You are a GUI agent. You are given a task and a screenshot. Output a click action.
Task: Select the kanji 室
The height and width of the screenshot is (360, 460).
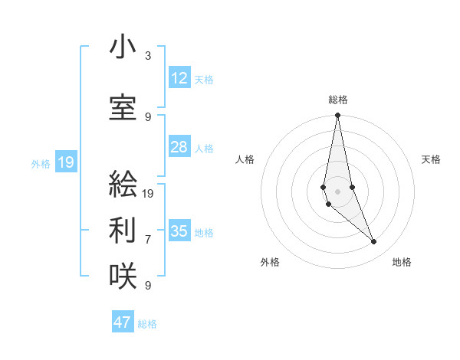123,108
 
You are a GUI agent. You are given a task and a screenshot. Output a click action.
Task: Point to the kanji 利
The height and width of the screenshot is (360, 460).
123,230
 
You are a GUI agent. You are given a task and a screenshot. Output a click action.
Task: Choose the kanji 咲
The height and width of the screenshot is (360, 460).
123,277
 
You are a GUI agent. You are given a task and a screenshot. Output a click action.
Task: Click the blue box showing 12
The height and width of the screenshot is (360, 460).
179,78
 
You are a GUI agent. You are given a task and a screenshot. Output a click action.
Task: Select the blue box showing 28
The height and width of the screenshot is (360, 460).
179,147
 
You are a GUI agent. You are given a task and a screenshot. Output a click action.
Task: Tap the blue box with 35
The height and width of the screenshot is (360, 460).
179,231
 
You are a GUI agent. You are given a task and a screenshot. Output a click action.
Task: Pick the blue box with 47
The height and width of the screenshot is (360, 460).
123,322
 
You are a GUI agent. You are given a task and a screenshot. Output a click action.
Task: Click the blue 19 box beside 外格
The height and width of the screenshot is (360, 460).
66,162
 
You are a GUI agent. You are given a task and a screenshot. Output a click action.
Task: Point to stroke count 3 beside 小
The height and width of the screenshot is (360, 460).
148,56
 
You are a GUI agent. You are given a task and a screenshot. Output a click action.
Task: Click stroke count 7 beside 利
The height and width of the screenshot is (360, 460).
148,239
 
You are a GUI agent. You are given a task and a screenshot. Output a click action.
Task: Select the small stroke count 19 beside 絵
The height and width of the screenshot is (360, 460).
149,193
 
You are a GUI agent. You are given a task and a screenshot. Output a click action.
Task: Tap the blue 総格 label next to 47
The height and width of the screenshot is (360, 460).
147,324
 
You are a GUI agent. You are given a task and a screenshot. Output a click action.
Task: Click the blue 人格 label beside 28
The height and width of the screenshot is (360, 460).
204,148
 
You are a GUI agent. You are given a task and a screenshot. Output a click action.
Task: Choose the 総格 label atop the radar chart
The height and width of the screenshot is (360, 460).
338,100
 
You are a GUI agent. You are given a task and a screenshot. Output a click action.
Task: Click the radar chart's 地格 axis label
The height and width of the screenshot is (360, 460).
402,263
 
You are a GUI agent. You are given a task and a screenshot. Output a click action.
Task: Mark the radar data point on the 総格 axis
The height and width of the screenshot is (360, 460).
338,116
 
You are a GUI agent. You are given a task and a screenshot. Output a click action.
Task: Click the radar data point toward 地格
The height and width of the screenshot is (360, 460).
373,242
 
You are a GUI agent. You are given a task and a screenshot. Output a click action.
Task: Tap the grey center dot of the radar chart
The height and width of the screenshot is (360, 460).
338,191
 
